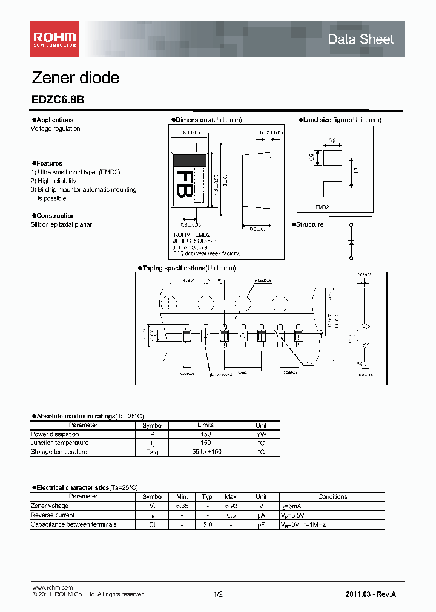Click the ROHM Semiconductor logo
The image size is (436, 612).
click(x=54, y=39)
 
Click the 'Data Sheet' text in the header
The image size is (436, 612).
click(x=360, y=39)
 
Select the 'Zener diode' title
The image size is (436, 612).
click(x=75, y=78)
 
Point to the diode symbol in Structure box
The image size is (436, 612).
click(x=351, y=242)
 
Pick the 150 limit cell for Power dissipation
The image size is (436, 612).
click(x=205, y=434)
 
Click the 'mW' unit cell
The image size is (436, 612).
click(x=260, y=434)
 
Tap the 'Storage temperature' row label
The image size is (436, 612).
click(x=59, y=452)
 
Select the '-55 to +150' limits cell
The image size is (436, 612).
click(x=205, y=452)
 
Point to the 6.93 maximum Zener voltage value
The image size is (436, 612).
click(x=231, y=506)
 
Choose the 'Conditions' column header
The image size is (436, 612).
click(x=332, y=496)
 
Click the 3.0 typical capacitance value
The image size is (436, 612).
click(x=207, y=524)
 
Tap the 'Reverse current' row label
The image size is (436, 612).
click(x=53, y=515)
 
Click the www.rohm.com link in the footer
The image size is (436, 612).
click(x=51, y=587)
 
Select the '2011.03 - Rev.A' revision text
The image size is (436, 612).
click(x=371, y=594)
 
